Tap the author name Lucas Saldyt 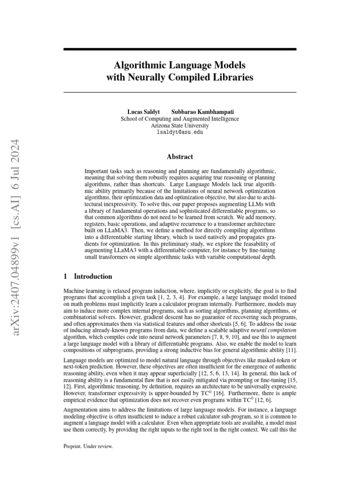click(143, 112)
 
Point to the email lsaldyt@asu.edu click(180, 133)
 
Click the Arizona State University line click(180, 126)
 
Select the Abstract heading click(180, 157)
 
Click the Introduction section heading click(93, 277)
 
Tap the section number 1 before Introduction click(66, 277)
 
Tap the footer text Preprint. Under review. click(88, 447)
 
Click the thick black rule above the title click(180, 49)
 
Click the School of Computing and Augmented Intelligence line click(180, 119)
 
